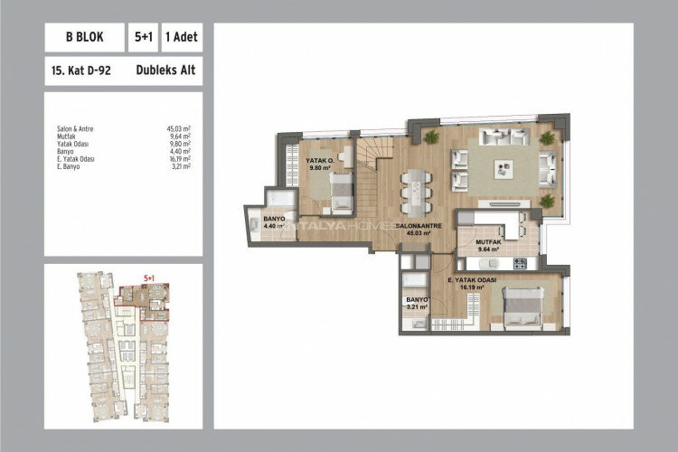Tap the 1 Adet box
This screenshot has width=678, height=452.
(x=181, y=39)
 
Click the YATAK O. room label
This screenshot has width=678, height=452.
(x=319, y=160)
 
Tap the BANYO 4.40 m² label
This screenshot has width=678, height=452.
(x=275, y=222)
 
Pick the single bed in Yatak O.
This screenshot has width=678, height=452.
(x=343, y=191)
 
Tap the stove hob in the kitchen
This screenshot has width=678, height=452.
(x=520, y=263)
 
